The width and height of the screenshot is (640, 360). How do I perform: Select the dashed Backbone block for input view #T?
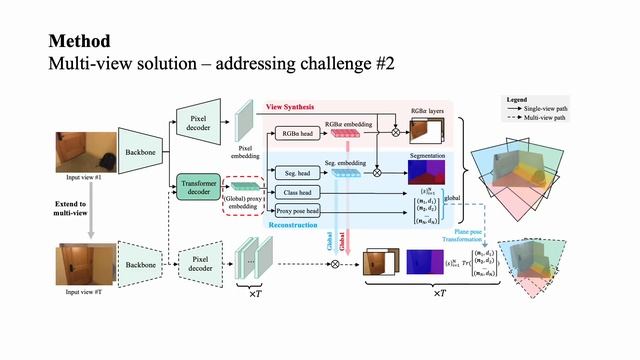(x=139, y=264)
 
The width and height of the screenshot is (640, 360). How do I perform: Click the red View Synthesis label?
(x=290, y=106)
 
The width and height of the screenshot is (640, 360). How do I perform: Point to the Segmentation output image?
(x=429, y=173)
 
